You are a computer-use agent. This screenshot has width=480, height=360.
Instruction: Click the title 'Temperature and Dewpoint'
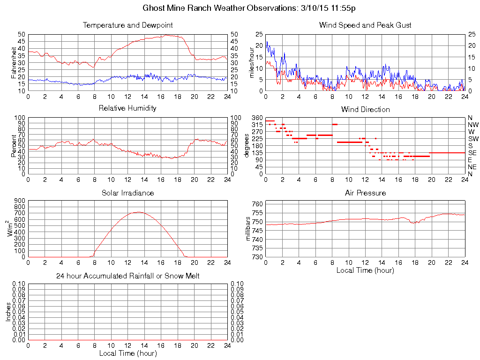point(127,25)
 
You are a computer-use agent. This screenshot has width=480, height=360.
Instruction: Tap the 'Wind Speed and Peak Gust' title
point(365,25)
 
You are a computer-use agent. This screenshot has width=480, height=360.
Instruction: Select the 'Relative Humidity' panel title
point(127,108)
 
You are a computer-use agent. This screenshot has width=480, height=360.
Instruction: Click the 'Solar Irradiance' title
point(127,193)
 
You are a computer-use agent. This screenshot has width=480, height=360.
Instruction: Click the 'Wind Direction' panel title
point(365,109)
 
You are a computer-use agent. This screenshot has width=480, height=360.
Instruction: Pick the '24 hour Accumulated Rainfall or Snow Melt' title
point(127,276)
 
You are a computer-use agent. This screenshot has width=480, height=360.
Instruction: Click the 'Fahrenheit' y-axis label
point(14,62)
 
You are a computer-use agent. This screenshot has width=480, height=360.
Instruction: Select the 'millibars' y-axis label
point(249,229)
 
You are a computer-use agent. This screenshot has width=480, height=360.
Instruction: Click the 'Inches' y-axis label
point(8,312)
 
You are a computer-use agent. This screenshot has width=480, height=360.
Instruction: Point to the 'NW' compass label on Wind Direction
point(472,125)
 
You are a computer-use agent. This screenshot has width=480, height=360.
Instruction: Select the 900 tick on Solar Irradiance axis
point(19,201)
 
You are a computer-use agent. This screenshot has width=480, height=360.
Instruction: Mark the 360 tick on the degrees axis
point(257,118)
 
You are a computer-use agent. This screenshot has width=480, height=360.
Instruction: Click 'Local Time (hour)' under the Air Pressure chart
point(365,270)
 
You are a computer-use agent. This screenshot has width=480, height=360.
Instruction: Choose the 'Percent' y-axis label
point(14,146)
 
